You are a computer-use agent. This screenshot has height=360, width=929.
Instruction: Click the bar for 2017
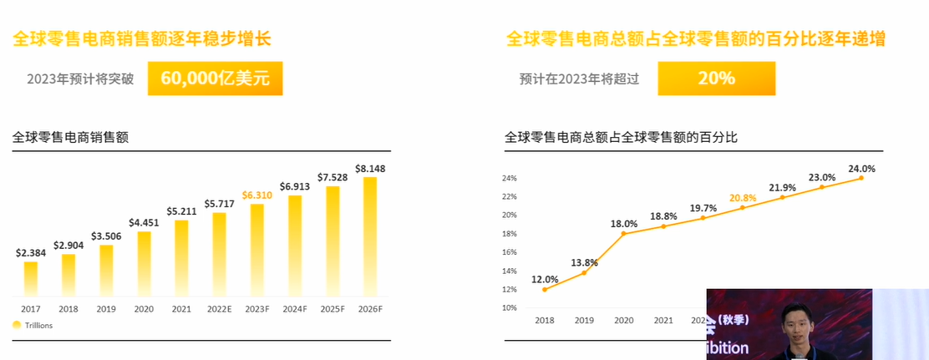click(30, 279)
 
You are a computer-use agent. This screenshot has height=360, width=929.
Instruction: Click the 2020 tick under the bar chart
click(143, 309)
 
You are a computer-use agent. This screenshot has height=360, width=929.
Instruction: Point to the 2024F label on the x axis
click(294, 309)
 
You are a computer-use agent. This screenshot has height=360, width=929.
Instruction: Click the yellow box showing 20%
click(716, 79)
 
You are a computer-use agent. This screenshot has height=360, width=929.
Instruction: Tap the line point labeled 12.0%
click(545, 290)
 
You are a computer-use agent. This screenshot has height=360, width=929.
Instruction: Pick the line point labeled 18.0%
click(623, 234)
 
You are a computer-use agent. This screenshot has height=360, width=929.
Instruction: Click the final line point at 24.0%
click(861, 177)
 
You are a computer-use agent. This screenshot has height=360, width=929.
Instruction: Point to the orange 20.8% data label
click(742, 198)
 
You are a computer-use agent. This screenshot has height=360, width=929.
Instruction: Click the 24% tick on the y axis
click(510, 178)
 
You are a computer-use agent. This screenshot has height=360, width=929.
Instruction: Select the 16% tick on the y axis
click(510, 252)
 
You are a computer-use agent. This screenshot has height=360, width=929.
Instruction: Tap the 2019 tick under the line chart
click(584, 320)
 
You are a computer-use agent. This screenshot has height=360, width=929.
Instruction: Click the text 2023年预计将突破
click(80, 79)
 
